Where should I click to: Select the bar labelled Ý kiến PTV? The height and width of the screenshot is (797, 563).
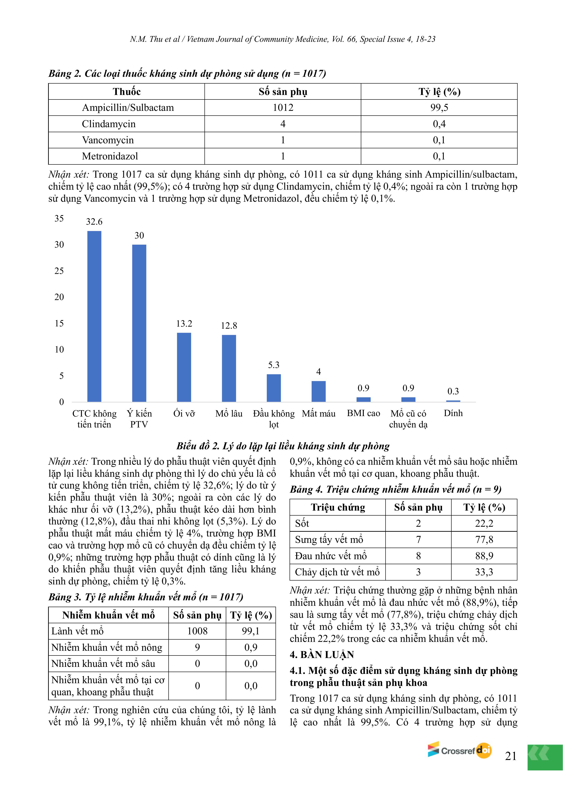coord(139,323)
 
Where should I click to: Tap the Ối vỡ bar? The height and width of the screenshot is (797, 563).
coord(184,367)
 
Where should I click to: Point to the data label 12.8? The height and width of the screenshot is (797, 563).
coord(229,326)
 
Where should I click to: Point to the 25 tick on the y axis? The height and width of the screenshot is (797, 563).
coord(59,271)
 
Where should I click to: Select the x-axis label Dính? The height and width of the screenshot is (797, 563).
coord(453,413)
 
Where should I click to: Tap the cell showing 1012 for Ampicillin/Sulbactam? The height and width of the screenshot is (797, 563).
coord(283,108)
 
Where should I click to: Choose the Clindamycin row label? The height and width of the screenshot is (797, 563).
coord(108,124)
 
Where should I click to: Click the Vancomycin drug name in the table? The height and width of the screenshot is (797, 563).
coord(108,140)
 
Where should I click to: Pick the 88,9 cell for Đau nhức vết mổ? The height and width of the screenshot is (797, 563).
coord(484,556)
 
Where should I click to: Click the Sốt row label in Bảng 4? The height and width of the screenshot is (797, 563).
coord(302,523)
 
